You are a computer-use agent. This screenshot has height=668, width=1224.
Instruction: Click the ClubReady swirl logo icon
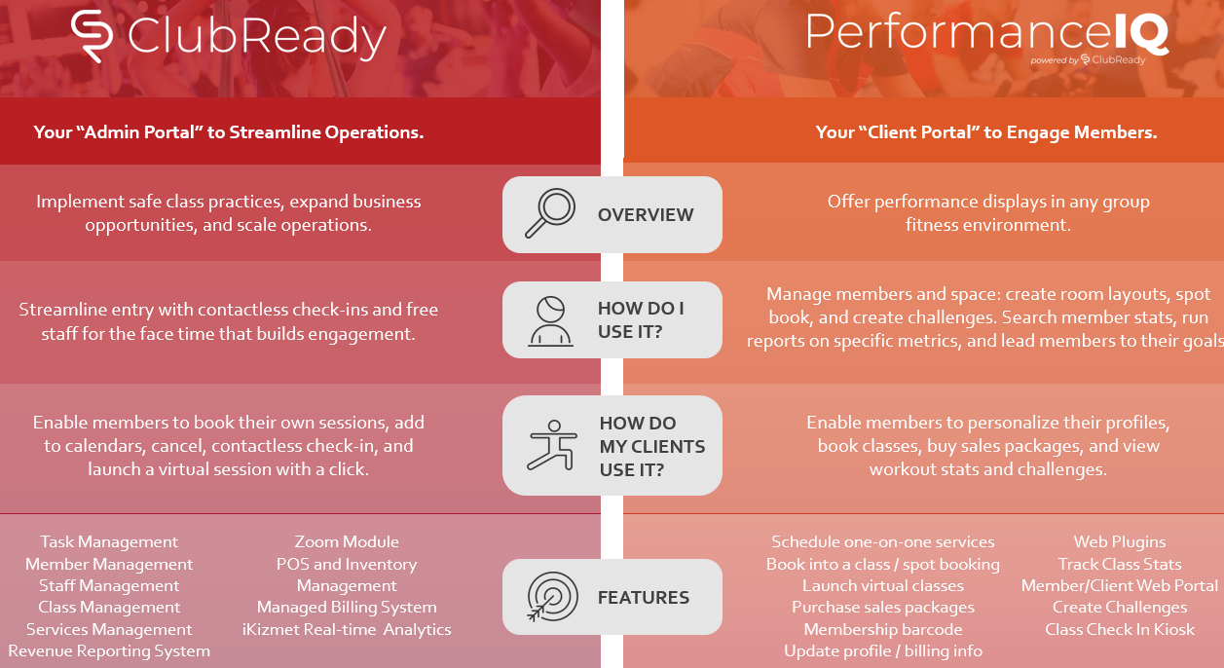pyautogui.click(x=92, y=35)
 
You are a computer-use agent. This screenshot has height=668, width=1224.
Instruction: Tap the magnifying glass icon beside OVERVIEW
pyautogui.click(x=550, y=213)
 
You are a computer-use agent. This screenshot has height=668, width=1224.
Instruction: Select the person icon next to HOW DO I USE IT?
pyautogui.click(x=550, y=321)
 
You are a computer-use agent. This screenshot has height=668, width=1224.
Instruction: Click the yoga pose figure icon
pyautogui.click(x=552, y=446)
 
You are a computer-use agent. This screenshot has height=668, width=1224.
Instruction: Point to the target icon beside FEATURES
pyautogui.click(x=552, y=597)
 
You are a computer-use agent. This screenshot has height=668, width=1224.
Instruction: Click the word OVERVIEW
pyautogui.click(x=646, y=215)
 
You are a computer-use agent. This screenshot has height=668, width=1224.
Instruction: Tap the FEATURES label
pyautogui.click(x=643, y=598)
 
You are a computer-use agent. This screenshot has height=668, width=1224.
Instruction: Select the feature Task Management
pyautogui.click(x=109, y=541)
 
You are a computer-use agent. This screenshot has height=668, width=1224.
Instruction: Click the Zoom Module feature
pyautogui.click(x=347, y=541)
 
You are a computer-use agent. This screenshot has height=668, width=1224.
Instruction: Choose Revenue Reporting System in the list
pyautogui.click(x=109, y=651)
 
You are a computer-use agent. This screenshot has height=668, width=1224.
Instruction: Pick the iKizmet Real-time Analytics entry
pyautogui.click(x=347, y=629)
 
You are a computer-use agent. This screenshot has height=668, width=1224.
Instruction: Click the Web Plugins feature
pyautogui.click(x=1120, y=541)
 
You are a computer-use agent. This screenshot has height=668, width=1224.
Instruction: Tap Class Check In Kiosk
pyautogui.click(x=1120, y=629)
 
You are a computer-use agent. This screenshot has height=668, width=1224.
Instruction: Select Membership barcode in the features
pyautogui.click(x=883, y=629)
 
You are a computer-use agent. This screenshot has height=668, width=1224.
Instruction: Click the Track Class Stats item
pyautogui.click(x=1120, y=564)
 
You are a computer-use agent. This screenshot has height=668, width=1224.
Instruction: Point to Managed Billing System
pyautogui.click(x=347, y=608)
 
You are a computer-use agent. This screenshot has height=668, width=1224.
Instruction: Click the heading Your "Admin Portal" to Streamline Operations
pyautogui.click(x=229, y=132)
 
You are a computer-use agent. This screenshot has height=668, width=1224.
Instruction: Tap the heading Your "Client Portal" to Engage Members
pyautogui.click(x=986, y=132)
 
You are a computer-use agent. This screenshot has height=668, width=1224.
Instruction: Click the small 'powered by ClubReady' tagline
pyautogui.click(x=1088, y=60)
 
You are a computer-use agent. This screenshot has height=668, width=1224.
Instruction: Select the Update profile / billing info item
pyautogui.click(x=883, y=651)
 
